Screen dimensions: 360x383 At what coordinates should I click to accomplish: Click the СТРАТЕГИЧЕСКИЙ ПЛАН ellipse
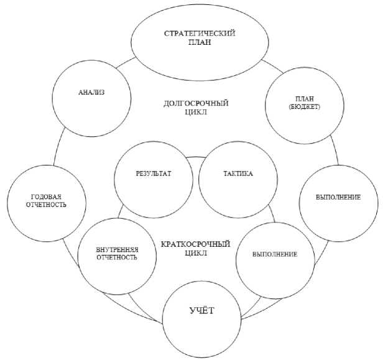pyautogui.click(x=200, y=39)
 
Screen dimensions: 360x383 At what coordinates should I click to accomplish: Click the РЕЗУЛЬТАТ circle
pyautogui.click(x=153, y=177)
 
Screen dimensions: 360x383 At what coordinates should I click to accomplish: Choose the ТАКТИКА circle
pyautogui.click(x=238, y=177)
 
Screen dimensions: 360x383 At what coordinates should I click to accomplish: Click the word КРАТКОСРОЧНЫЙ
pyautogui.click(x=195, y=244)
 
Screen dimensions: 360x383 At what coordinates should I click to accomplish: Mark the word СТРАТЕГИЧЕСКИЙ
pyautogui.click(x=200, y=33)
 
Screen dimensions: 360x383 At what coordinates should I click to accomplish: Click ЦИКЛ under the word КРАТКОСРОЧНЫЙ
pyautogui.click(x=195, y=254)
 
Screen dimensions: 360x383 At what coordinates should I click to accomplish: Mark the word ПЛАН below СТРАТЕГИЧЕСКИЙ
pyautogui.click(x=200, y=44)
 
